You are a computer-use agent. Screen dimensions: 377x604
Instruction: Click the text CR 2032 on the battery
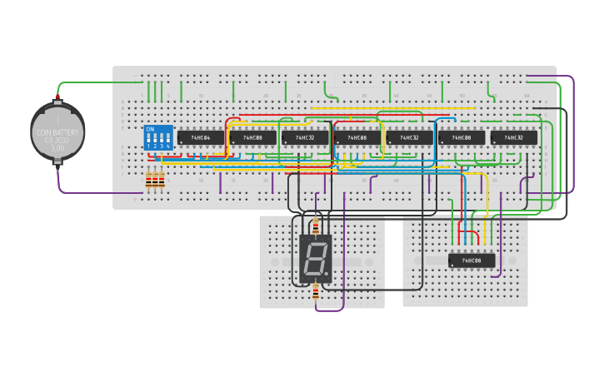(x=57, y=140)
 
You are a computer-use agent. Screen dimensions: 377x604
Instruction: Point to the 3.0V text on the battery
(x=57, y=147)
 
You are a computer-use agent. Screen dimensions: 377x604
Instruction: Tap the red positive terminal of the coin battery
(x=57, y=101)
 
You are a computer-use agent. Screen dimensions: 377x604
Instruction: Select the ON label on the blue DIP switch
(x=150, y=130)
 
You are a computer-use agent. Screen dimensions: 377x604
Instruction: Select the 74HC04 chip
(x=200, y=137)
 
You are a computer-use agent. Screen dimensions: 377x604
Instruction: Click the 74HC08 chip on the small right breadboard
(x=472, y=260)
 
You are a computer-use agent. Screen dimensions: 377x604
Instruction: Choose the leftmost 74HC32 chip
(x=305, y=137)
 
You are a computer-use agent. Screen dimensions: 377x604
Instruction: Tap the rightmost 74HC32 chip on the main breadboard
(x=513, y=137)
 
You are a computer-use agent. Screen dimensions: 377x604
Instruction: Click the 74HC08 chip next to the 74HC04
(x=252, y=137)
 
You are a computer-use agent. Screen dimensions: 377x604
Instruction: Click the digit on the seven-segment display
(x=315, y=257)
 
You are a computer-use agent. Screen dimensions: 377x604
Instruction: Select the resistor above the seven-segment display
(x=315, y=226)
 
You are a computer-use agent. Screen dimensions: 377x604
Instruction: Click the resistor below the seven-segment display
(x=315, y=291)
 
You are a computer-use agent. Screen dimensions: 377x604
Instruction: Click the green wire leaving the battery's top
(x=92, y=82)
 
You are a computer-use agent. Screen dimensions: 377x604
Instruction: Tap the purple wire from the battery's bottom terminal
(x=83, y=193)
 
